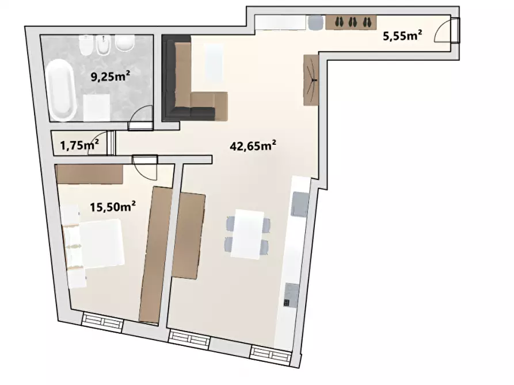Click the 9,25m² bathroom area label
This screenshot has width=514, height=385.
[x=110, y=76]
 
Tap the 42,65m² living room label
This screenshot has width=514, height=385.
[x=253, y=145]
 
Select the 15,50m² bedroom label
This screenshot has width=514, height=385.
[x=113, y=206]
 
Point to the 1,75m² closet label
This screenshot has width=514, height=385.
[x=79, y=145]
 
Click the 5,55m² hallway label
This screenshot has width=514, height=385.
[x=402, y=35]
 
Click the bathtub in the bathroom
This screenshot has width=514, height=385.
[x=61, y=90]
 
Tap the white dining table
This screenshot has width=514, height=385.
[x=248, y=234]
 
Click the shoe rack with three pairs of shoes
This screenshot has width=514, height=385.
[x=351, y=22]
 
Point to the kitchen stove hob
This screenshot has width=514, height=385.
[x=291, y=295]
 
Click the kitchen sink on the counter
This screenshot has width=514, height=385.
[x=300, y=205]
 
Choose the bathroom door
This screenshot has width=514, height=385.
[x=140, y=116]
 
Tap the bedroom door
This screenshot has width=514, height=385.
[x=145, y=167]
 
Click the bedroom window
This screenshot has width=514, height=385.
[x=102, y=322]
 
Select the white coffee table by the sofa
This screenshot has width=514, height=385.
[x=214, y=63]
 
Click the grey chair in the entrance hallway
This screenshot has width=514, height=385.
[x=316, y=23]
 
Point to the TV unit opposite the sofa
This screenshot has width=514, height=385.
[x=311, y=80]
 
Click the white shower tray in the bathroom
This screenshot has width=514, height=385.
[x=96, y=107]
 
